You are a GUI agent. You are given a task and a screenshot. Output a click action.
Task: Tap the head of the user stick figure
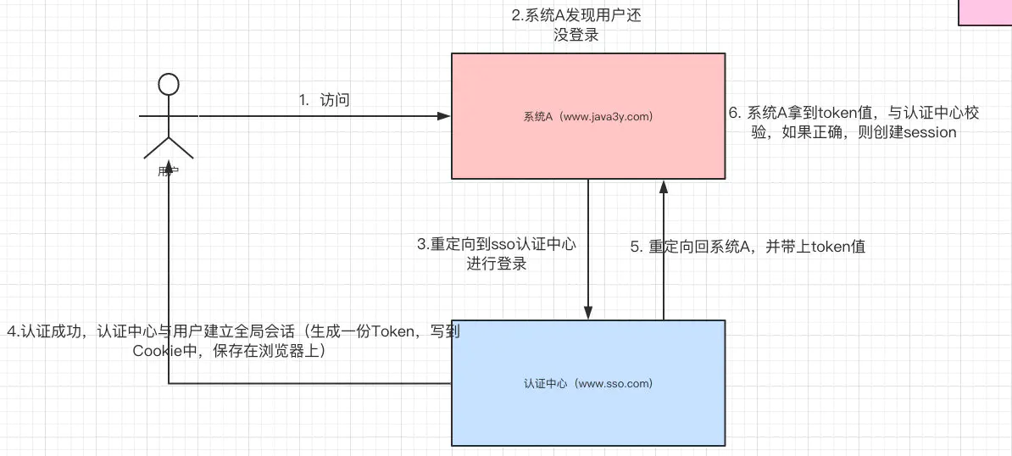(169, 85)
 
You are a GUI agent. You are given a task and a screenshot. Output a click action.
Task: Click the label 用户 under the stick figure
(169, 170)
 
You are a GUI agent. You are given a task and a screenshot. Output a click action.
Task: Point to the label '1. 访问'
(325, 100)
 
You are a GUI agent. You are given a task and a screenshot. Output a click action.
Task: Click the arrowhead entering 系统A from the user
(443, 115)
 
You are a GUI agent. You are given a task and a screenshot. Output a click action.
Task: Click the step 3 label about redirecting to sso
(496, 254)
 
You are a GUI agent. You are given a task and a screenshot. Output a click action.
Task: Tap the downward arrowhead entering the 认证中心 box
(587, 314)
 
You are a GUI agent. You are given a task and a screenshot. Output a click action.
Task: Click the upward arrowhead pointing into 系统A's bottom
(663, 186)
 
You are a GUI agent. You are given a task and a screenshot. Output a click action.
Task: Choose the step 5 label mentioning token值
(747, 247)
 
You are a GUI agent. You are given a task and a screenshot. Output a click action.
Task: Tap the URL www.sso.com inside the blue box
(614, 383)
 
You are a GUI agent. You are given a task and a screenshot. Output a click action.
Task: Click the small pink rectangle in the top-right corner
(985, 12)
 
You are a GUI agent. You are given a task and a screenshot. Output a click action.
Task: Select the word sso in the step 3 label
(502, 245)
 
